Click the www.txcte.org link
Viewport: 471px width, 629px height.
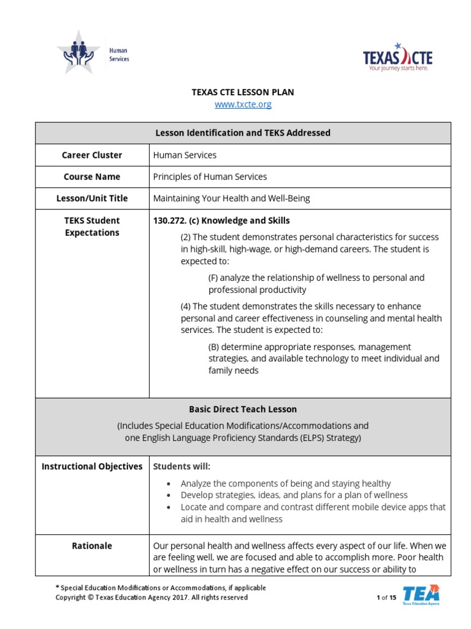point(243,104)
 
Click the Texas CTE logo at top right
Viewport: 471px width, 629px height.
point(397,58)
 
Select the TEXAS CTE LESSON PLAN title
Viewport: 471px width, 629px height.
point(243,92)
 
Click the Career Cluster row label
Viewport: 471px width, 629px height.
point(92,155)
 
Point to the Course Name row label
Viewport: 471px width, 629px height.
point(92,177)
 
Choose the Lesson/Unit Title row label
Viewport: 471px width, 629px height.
point(92,198)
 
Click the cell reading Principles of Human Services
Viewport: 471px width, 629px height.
point(210,177)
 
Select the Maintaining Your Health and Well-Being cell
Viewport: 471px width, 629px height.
point(231,198)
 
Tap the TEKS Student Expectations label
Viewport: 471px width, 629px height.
point(92,227)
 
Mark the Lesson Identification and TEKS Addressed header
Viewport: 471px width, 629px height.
point(243,133)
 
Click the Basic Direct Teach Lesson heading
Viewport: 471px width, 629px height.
point(243,409)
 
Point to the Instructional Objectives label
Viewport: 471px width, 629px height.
point(92,467)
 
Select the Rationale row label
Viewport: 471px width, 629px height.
point(92,545)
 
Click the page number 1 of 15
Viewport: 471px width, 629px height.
point(386,598)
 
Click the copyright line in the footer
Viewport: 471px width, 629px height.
point(152,598)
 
